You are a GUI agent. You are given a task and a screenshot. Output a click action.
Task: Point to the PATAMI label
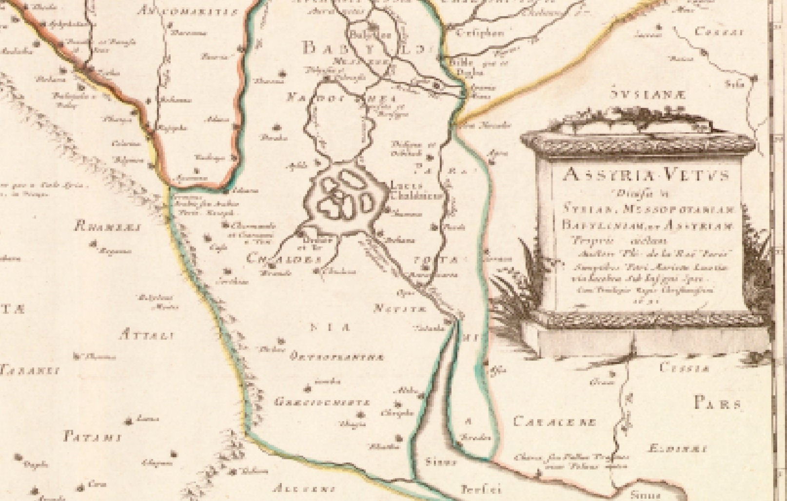92,437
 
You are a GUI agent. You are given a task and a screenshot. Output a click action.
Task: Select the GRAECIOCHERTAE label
322,403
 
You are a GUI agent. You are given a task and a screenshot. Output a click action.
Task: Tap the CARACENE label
554,421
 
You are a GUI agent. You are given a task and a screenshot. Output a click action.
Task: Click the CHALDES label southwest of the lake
277,259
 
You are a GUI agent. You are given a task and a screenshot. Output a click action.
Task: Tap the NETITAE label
401,309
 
